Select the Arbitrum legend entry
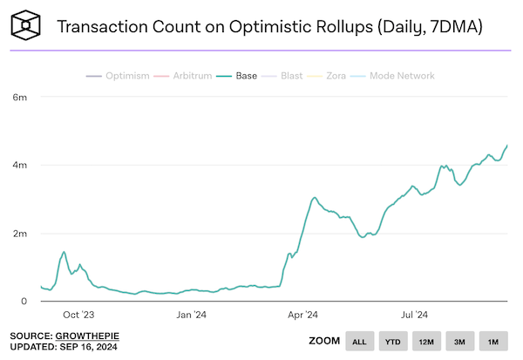(187, 76)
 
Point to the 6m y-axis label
(18, 97)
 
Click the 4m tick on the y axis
(18, 166)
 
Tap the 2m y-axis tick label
(18, 234)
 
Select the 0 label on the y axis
(24, 302)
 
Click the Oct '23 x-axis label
(78, 315)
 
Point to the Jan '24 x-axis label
(191, 315)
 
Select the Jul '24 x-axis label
(413, 315)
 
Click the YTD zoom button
(394, 341)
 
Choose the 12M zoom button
(427, 341)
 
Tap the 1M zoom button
(493, 341)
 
